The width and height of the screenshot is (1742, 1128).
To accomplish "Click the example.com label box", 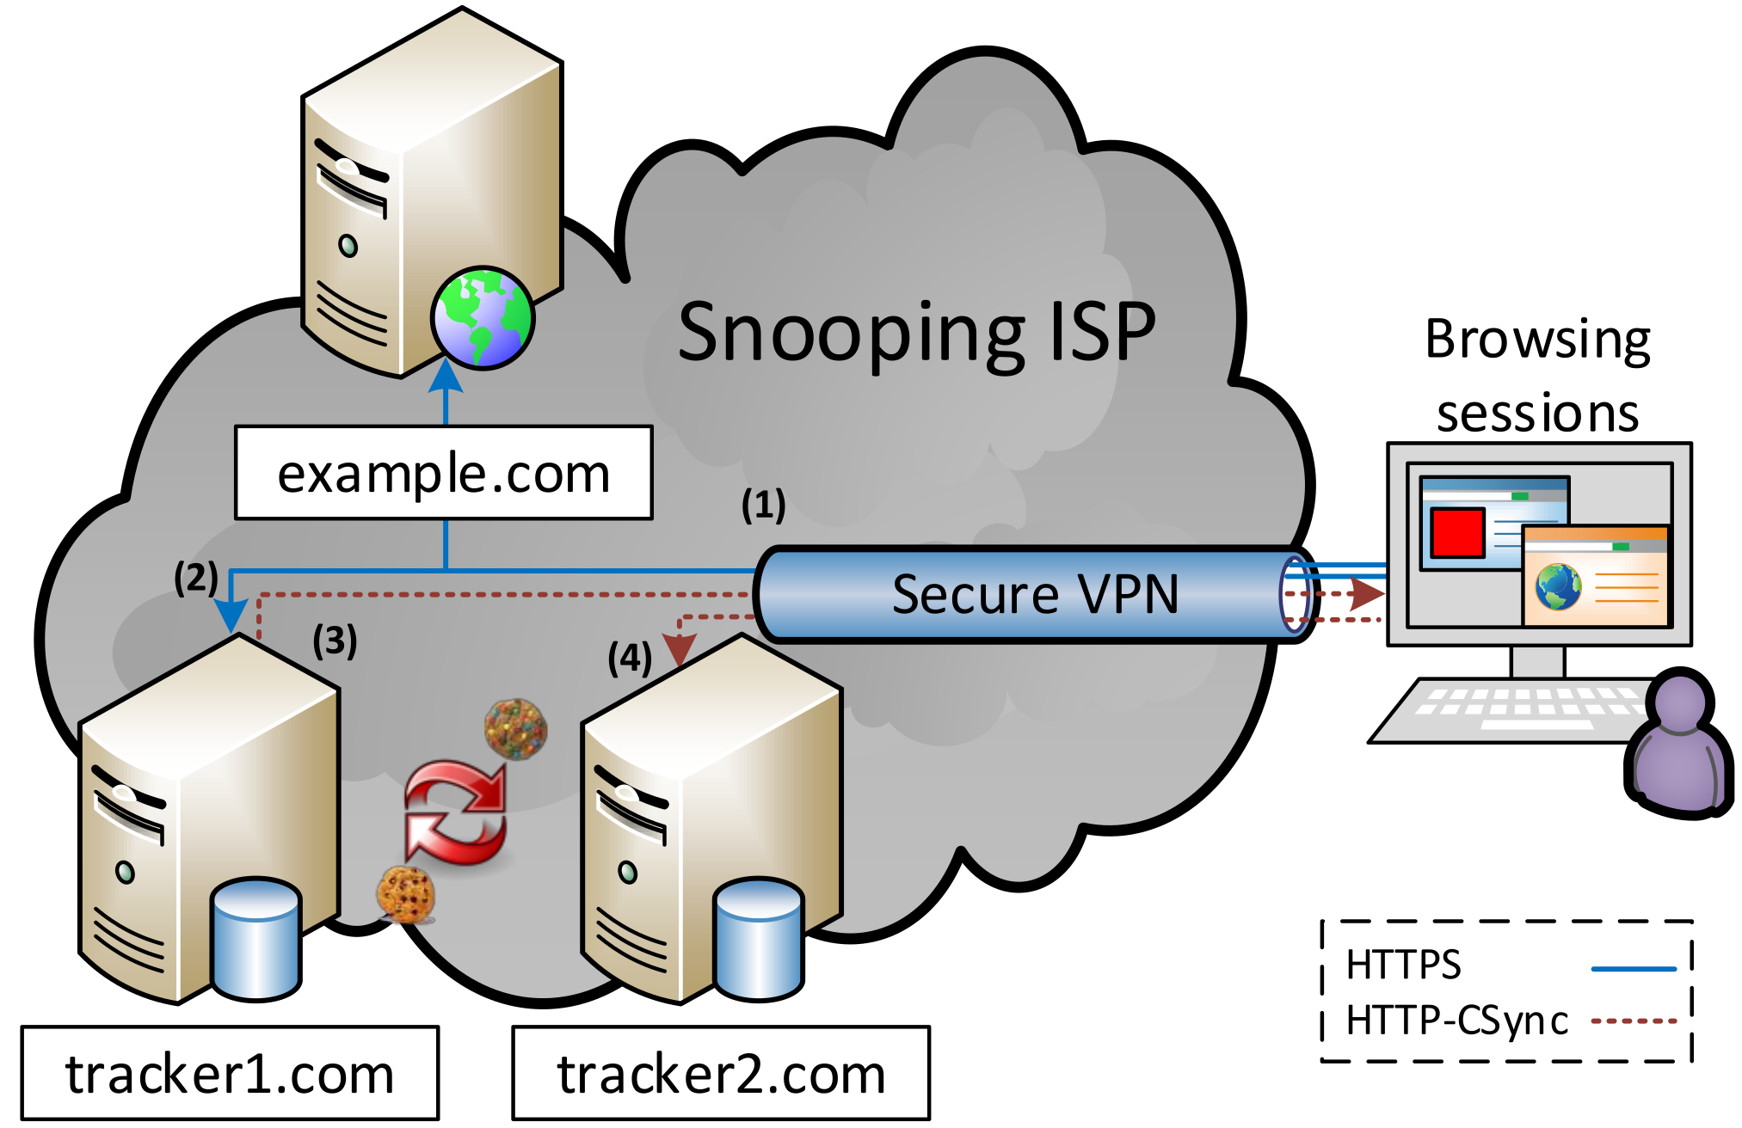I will coord(444,473).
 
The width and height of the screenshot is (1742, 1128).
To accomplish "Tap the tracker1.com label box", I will coord(230,1073).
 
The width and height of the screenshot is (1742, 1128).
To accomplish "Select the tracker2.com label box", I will coord(721,1073).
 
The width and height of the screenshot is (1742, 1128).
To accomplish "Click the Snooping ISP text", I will coord(916,333).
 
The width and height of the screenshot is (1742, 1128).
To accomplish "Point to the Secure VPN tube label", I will coord(1035,594).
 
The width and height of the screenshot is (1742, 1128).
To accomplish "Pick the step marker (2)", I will coord(196,577).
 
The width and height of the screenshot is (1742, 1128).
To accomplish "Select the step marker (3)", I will coord(335,641).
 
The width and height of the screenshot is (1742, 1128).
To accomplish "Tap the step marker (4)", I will coord(630,659).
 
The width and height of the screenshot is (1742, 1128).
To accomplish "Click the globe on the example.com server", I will coord(483,317).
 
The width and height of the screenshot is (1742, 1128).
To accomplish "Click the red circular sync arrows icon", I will coord(456,812).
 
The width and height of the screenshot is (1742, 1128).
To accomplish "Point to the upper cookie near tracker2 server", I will coord(515,729).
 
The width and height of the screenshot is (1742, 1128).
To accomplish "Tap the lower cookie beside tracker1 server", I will coord(406,895).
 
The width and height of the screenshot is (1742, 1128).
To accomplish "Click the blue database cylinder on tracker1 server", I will coord(256,939).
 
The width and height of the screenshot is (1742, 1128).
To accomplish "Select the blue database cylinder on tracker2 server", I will coord(759,939).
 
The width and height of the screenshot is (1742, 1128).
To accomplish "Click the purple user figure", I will coord(1678,745).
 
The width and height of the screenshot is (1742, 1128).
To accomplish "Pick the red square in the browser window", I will coord(1457,532).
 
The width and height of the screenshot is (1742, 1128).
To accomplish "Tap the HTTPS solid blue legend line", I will coord(1634,969).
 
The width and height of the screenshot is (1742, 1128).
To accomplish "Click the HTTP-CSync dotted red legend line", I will coord(1634,1021).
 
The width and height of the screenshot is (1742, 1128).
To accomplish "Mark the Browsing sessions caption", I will coord(1537,376).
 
